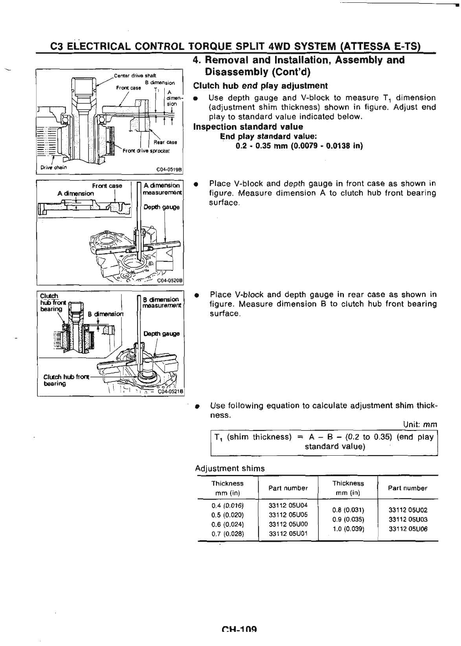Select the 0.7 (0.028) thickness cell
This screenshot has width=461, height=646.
[x=228, y=534]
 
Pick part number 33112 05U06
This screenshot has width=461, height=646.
[x=408, y=529]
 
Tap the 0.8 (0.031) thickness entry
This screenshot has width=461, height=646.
[x=348, y=510]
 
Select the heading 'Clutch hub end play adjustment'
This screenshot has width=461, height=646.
[x=260, y=86]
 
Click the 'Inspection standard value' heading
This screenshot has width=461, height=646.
[x=248, y=127]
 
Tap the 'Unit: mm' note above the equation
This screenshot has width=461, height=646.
[x=420, y=425]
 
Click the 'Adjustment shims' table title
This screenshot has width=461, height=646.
[x=230, y=468]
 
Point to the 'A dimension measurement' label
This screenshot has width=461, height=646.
[x=161, y=189]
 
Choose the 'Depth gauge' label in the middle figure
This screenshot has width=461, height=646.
[x=161, y=207]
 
